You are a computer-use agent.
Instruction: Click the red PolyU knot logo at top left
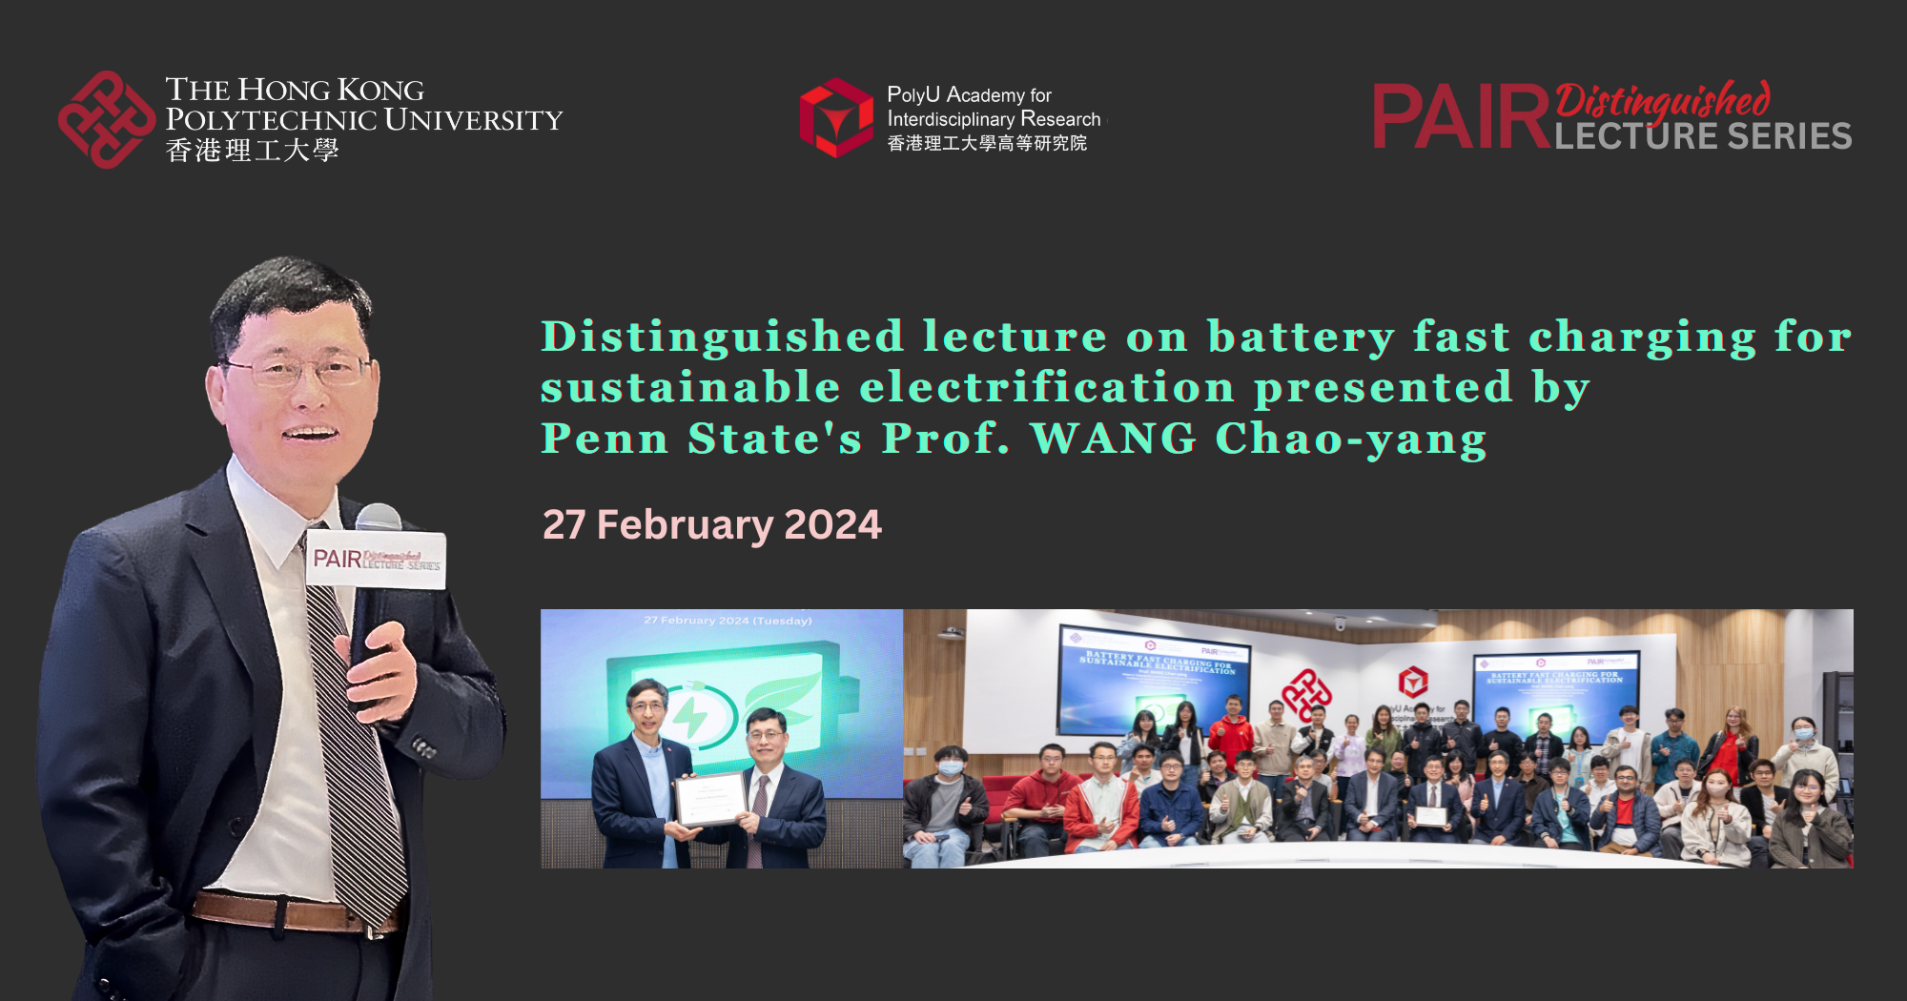(x=106, y=120)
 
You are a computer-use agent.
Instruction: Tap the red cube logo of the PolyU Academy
(x=836, y=118)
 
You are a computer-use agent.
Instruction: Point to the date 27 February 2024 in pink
(x=711, y=524)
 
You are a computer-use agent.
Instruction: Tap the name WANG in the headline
(x=1113, y=439)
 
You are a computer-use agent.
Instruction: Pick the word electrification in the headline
(x=1047, y=388)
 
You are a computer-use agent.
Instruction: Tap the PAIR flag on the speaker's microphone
(x=377, y=560)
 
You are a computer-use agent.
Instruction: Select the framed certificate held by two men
(x=710, y=798)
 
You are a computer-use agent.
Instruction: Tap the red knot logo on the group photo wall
(x=1306, y=693)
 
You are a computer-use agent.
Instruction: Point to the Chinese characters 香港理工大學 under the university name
(x=252, y=151)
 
